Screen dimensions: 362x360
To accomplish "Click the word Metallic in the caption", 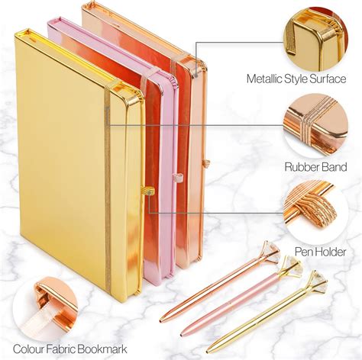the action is click(264, 79).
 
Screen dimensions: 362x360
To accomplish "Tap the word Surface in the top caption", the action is click(328, 79).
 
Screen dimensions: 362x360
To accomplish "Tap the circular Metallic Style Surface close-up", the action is click(315, 39).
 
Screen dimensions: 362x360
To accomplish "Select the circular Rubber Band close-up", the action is click(315, 125).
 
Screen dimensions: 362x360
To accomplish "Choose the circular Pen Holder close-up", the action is click(315, 212).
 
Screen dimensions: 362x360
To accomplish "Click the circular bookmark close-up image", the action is click(45, 308).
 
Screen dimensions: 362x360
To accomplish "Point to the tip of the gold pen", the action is click(208, 351).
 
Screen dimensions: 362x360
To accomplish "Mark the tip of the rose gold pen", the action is click(161, 321).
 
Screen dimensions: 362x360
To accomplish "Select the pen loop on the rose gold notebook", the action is click(205, 163).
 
